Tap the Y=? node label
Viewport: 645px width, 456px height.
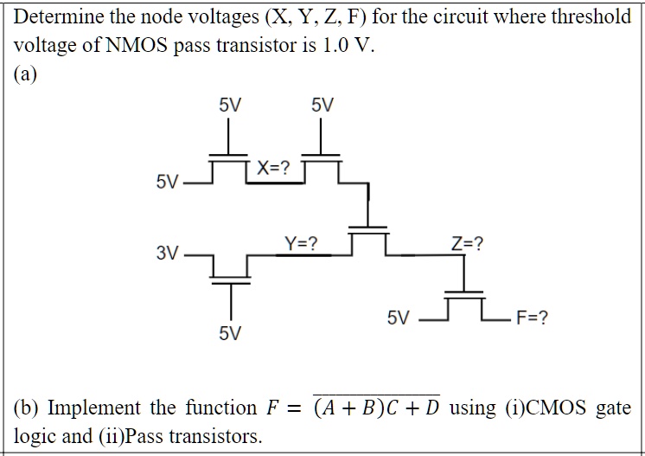pyautogui.click(x=301, y=244)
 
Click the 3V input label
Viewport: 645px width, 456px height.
pyautogui.click(x=168, y=254)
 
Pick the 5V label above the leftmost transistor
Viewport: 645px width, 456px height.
pyautogui.click(x=230, y=106)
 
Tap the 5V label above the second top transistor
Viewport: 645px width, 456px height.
pyautogui.click(x=322, y=106)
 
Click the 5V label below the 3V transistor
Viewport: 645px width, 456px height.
pyautogui.click(x=231, y=333)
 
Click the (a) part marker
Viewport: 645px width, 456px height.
pyautogui.click(x=29, y=74)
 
